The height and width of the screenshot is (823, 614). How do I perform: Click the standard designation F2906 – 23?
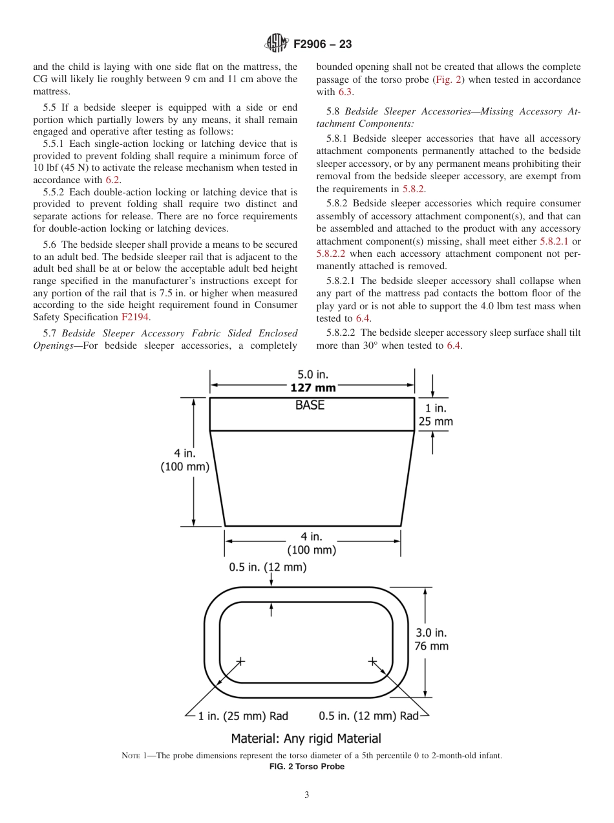(323, 45)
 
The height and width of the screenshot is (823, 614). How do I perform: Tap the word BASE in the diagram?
(310, 406)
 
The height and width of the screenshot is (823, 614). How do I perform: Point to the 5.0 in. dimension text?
(312, 375)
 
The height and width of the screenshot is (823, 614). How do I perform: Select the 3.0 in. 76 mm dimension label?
(431, 639)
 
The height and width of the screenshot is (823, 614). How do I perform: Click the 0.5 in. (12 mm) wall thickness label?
(268, 567)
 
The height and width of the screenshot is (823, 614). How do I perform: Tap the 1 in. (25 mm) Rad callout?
(242, 716)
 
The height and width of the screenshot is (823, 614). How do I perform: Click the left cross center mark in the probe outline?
(240, 661)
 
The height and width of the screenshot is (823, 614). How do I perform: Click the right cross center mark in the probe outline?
(372, 661)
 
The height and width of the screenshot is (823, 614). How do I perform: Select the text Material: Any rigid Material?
(306, 738)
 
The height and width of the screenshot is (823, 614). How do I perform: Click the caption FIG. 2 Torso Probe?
(306, 767)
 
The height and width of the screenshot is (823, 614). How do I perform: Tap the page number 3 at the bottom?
(307, 795)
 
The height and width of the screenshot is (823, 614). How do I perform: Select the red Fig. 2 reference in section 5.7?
(447, 80)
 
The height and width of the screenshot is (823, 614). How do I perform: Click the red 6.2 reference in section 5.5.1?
(112, 180)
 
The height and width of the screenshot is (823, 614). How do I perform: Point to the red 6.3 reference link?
(346, 92)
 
